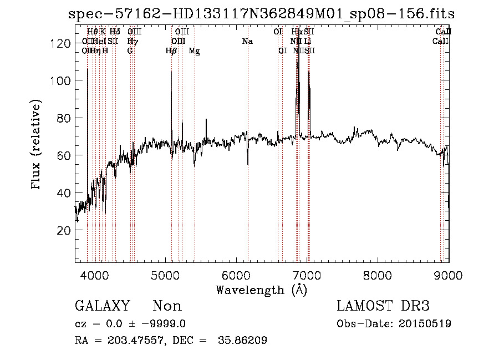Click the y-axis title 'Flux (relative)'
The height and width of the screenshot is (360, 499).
[x=37, y=145]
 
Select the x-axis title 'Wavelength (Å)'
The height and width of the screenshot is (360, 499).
[x=261, y=290]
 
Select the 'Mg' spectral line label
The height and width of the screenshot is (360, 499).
[x=194, y=51]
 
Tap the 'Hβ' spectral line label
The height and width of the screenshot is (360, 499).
[x=171, y=51]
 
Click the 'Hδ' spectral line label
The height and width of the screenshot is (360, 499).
[x=115, y=32]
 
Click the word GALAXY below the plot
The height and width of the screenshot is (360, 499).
[x=102, y=306]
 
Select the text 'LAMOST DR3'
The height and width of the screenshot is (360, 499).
[x=383, y=306]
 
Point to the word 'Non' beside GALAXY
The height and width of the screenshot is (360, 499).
[x=167, y=306]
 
